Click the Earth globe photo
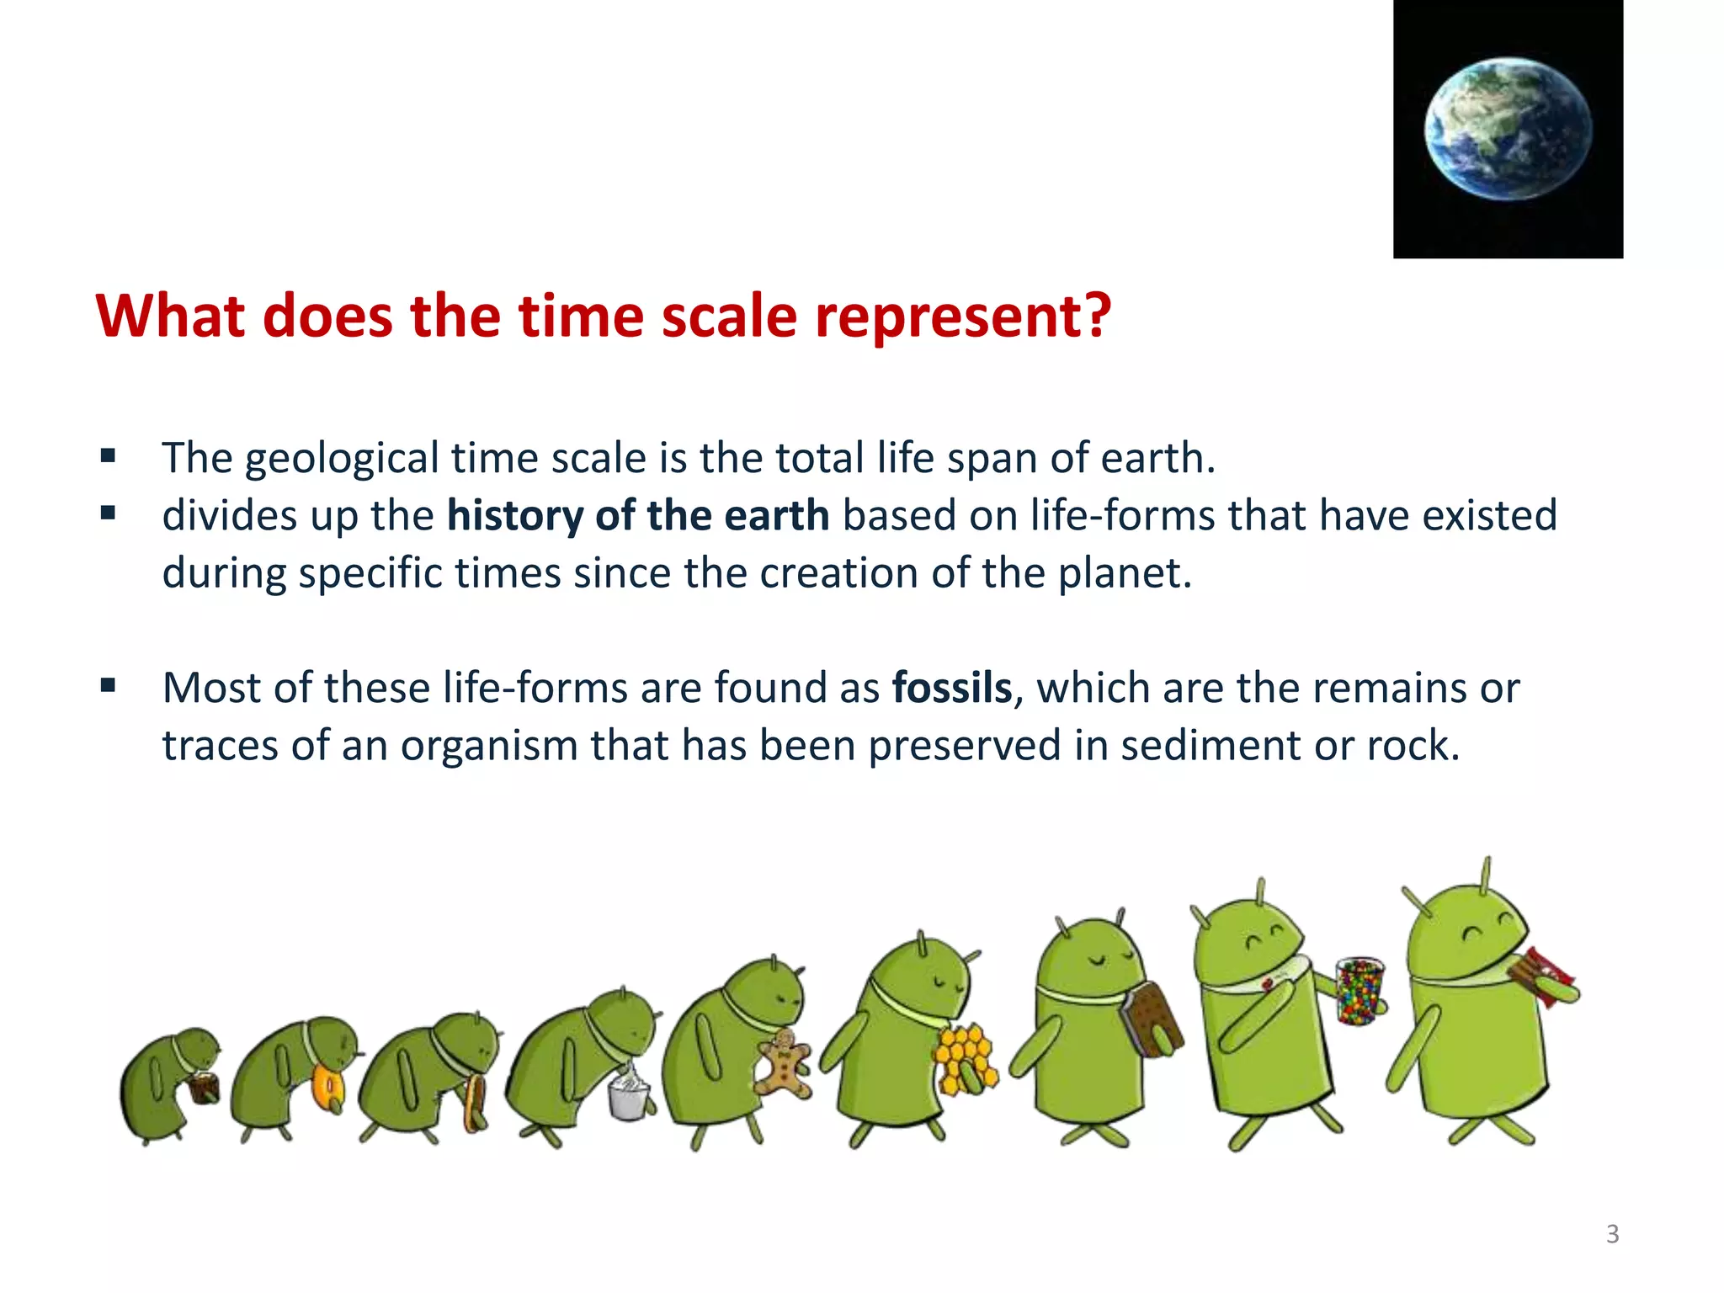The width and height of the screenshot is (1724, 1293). [1508, 129]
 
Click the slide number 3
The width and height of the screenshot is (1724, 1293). [1612, 1234]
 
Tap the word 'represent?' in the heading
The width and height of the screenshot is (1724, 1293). [963, 317]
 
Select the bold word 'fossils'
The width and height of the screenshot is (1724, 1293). [951, 688]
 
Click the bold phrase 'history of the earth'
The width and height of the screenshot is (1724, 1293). [638, 515]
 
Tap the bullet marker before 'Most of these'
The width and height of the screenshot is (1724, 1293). [108, 685]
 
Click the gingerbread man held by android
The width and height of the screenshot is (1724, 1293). [784, 1063]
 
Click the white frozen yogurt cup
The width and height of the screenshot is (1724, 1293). [629, 1093]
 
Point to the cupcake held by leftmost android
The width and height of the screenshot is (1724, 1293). [204, 1088]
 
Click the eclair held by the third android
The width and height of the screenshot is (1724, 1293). [474, 1102]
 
